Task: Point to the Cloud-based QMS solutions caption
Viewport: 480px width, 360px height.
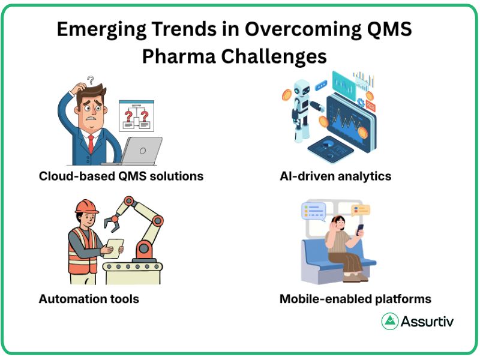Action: [x=121, y=176]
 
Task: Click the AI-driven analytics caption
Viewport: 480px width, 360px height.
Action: [x=335, y=176]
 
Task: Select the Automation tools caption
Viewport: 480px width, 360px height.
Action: [x=89, y=298]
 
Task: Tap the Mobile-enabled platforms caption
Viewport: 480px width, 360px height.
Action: [x=355, y=298]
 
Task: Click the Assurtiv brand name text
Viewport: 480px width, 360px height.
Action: [x=428, y=321]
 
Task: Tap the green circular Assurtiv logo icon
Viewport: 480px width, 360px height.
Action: [x=391, y=321]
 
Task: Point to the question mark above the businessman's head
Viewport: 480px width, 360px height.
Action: [x=91, y=80]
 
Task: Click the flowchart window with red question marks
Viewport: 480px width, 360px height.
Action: [x=136, y=116]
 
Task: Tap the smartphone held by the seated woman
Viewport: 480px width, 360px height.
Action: [x=360, y=229]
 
